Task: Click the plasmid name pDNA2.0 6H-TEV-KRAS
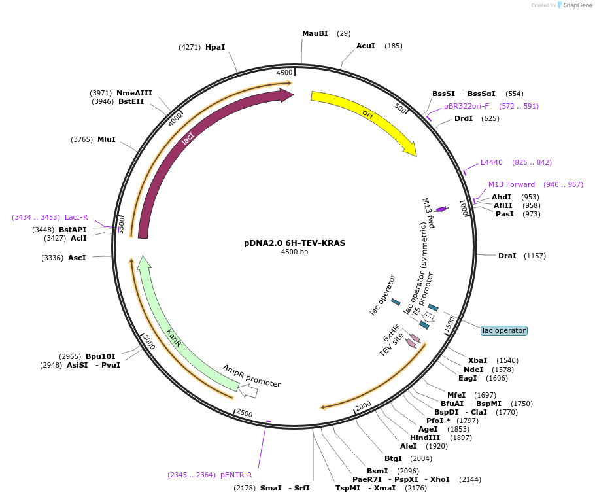[x=294, y=243]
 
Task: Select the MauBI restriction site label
[x=315, y=33]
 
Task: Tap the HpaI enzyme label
[x=215, y=47]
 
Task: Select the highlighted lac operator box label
[x=503, y=330]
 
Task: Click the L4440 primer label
[x=492, y=162]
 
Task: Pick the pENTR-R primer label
[x=236, y=475]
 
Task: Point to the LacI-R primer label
[x=76, y=217]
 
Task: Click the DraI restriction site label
[x=507, y=256]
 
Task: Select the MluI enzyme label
[x=107, y=139]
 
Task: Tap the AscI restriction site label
[x=77, y=258]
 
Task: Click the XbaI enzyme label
[x=477, y=360]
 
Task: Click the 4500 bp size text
[x=294, y=252]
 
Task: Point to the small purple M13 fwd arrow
[x=441, y=209]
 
